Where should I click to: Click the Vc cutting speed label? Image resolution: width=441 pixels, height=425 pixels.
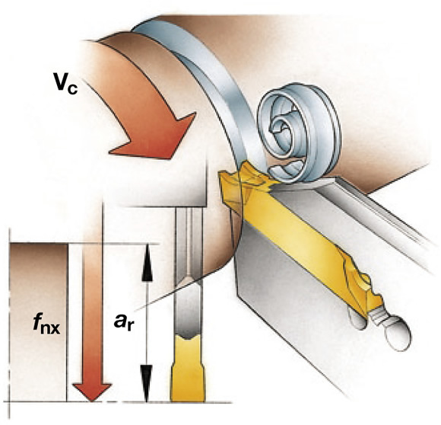[65, 85]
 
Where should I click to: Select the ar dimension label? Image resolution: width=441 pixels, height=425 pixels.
[123, 321]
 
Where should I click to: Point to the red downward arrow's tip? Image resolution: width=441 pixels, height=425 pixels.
[92, 401]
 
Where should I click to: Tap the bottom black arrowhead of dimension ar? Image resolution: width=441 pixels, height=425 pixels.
[147, 383]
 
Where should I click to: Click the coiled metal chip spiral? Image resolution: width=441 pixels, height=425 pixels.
[299, 133]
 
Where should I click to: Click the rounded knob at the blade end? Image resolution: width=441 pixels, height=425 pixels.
[398, 334]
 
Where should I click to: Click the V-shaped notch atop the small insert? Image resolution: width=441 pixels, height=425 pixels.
[187, 337]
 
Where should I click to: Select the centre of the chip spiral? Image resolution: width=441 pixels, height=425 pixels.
[281, 127]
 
